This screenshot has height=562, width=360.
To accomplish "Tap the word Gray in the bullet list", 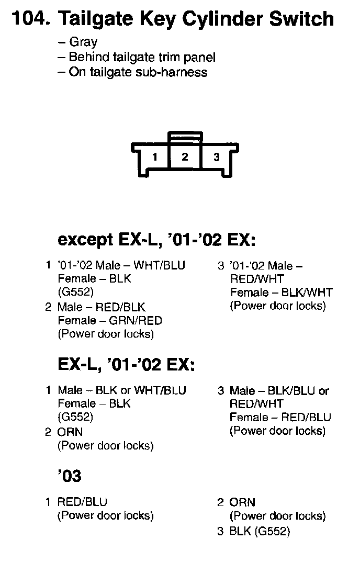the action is click(x=83, y=42).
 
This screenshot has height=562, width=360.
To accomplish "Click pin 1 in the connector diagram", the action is click(x=155, y=157).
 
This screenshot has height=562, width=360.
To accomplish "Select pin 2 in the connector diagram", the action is click(x=185, y=156).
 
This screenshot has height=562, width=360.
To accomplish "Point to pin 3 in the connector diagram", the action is click(x=217, y=157).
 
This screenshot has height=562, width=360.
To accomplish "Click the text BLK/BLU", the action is click(x=294, y=390).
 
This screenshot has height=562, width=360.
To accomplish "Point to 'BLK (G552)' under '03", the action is click(x=259, y=532).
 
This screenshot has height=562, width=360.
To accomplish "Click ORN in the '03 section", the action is click(x=242, y=502).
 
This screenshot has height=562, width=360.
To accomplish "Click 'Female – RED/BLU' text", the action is click(x=280, y=418).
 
